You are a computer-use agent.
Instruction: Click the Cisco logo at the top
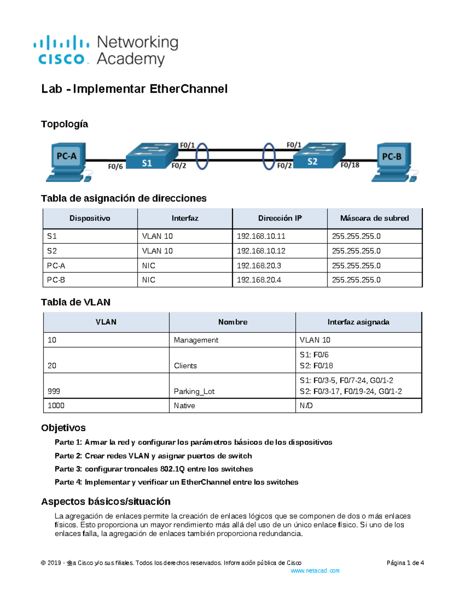tap(62, 50)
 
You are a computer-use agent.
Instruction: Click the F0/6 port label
tap(115, 166)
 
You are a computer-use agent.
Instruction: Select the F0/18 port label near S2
tap(350, 165)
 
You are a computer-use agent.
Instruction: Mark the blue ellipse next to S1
tap(202, 156)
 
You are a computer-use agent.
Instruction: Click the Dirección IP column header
tap(280, 218)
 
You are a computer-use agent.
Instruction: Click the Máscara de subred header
tap(374, 218)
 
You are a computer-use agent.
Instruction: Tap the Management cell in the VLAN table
tap(196, 340)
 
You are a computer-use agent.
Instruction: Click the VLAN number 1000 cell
tap(56, 406)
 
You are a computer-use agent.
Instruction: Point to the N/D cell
tap(306, 406)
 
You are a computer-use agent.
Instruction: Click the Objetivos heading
tap(63, 428)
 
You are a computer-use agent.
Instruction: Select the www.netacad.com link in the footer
tap(315, 570)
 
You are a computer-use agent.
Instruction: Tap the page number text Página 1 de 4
tap(405, 563)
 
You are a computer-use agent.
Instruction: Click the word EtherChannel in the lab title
tap(188, 89)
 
